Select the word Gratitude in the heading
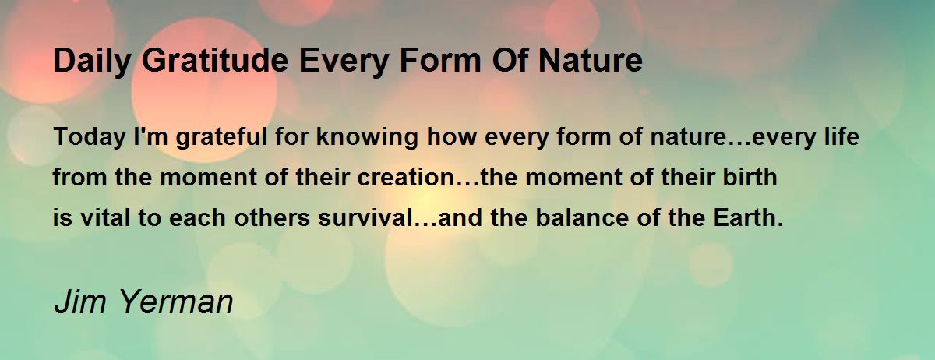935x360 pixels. click(x=215, y=61)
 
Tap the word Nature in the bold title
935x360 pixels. click(x=591, y=61)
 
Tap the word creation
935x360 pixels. click(x=405, y=177)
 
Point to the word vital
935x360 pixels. click(x=104, y=217)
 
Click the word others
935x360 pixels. click(x=272, y=217)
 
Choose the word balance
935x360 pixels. click(x=582, y=217)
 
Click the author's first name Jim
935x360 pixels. click(x=80, y=302)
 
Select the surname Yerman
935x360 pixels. click(x=176, y=302)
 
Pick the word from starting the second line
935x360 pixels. click(x=79, y=177)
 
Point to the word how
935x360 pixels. click(x=451, y=136)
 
